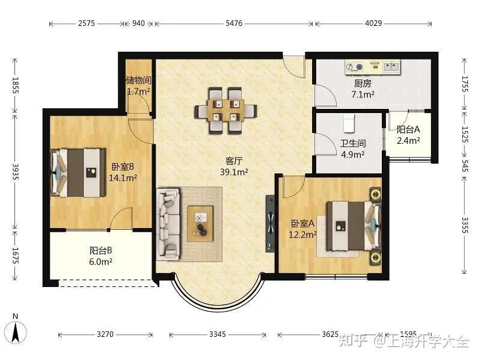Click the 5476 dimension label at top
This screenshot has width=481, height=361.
(x=234, y=23)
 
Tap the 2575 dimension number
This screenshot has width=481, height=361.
(x=86, y=23)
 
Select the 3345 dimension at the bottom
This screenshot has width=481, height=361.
(x=218, y=334)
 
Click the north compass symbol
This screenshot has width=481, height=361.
(x=16, y=329)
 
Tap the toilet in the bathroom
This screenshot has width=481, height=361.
(x=349, y=123)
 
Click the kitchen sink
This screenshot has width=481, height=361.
(x=391, y=66)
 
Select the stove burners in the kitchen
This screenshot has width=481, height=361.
(x=354, y=67)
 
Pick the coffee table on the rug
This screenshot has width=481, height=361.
(x=200, y=223)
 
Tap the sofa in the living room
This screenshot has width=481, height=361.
(x=168, y=224)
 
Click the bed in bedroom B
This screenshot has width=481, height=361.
(x=78, y=173)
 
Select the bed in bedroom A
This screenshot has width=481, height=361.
(x=354, y=226)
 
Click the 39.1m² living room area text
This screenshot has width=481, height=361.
(x=234, y=172)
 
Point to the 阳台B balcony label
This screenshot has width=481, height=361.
(x=100, y=250)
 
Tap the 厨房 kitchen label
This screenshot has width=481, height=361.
(x=363, y=83)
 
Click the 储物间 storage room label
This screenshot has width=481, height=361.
(x=138, y=81)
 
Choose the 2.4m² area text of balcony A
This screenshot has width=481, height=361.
(x=408, y=141)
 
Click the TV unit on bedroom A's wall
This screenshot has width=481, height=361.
(x=270, y=223)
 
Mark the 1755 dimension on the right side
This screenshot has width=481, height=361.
(x=465, y=84)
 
